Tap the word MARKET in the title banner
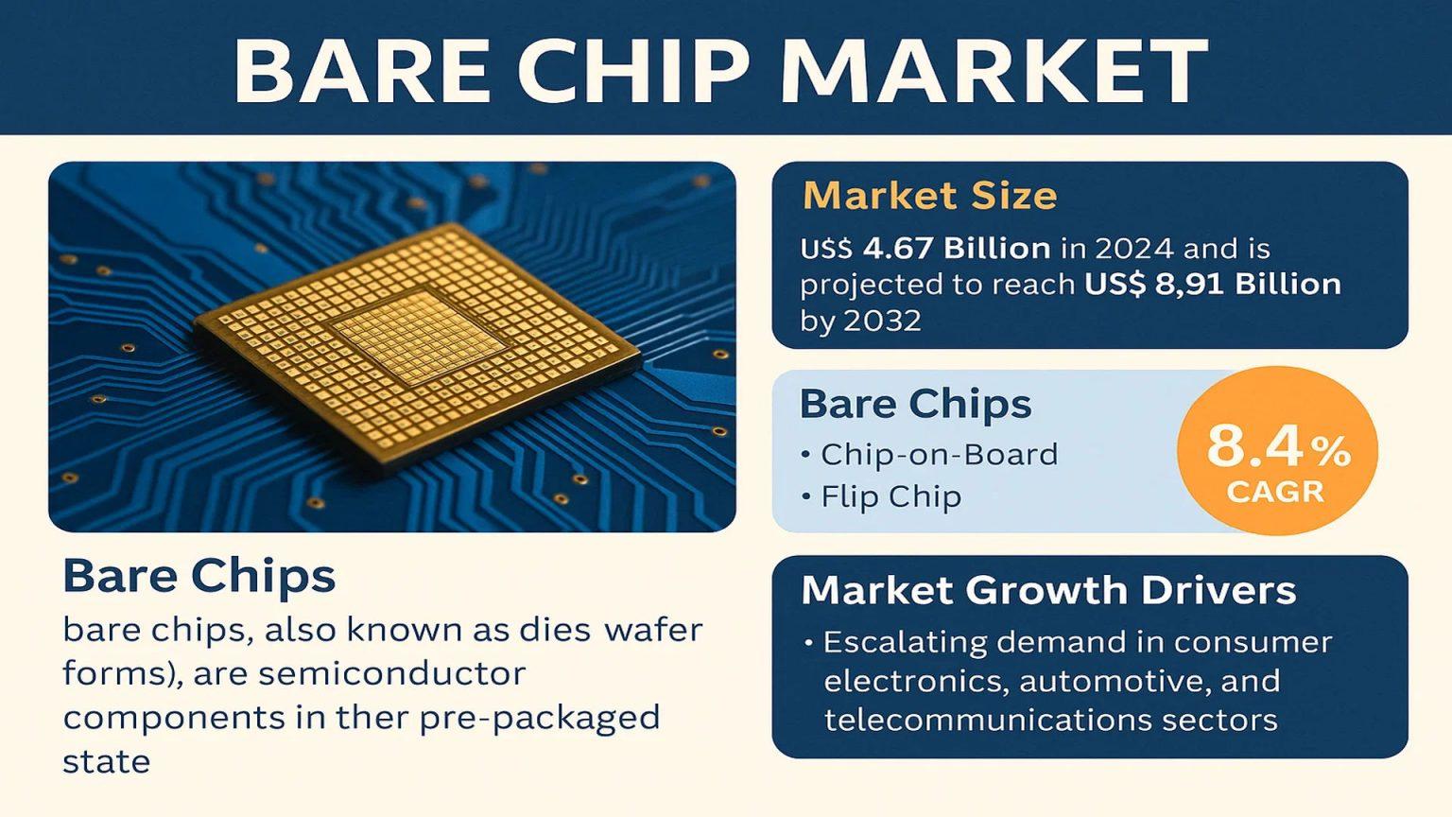(x=994, y=70)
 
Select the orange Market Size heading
(x=930, y=195)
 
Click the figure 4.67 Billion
(x=957, y=249)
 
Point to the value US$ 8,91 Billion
(x=1213, y=284)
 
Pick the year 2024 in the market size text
(x=1133, y=249)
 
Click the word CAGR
(x=1275, y=492)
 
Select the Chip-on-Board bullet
(x=929, y=455)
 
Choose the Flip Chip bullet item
(x=882, y=497)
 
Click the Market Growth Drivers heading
(x=1048, y=590)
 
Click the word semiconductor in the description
(x=391, y=674)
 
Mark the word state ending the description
(x=106, y=762)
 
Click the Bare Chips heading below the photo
(x=199, y=577)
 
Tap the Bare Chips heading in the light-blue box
(x=915, y=405)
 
